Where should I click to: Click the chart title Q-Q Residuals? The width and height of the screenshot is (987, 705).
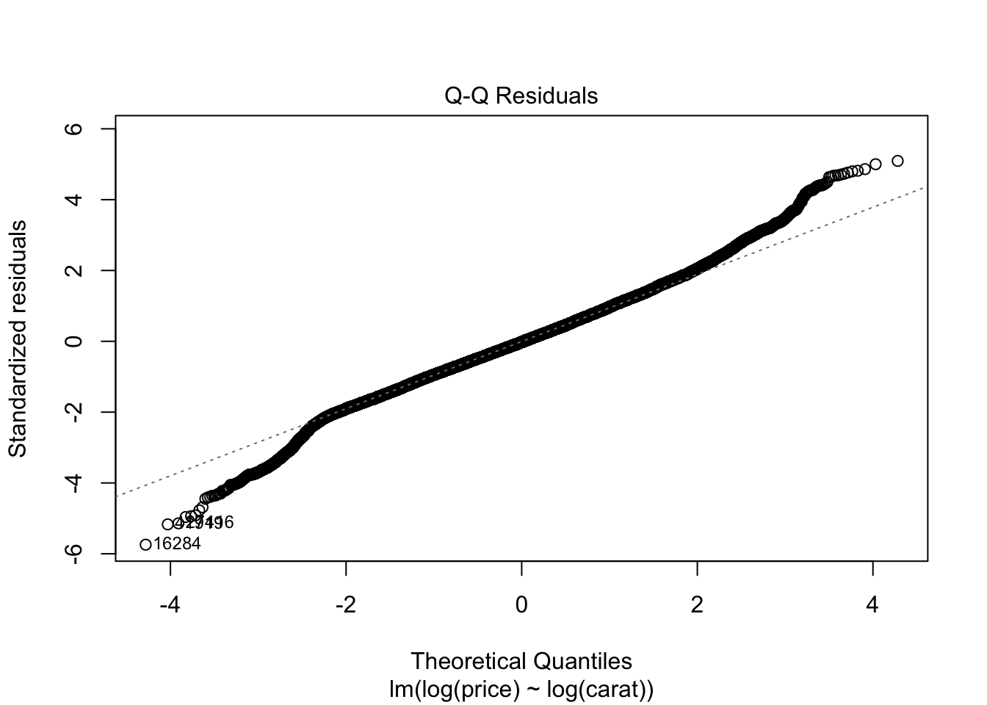click(521, 96)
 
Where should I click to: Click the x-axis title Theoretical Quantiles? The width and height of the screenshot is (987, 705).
click(521, 661)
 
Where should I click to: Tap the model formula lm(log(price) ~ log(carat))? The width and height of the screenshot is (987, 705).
click(521, 690)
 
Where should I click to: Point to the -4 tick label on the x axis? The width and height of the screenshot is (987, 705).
click(170, 605)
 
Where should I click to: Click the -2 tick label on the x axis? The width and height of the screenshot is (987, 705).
click(346, 605)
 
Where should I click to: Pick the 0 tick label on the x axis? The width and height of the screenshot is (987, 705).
click(521, 605)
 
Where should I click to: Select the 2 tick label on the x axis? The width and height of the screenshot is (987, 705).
click(697, 605)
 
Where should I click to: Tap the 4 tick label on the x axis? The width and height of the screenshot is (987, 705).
click(872, 605)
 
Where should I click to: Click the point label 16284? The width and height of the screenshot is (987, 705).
click(176, 544)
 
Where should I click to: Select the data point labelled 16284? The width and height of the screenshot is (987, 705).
click(145, 544)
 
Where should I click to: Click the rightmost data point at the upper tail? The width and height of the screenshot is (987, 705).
click(897, 161)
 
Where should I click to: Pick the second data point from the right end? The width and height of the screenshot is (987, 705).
click(875, 164)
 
